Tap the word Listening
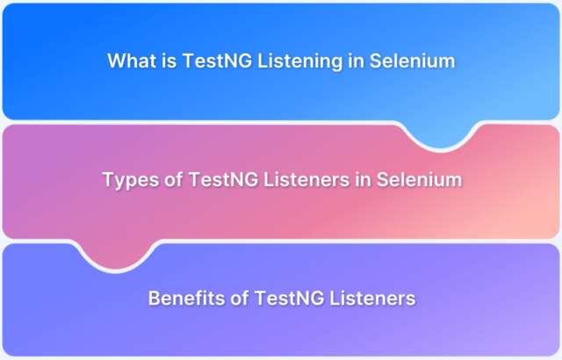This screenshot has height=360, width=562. [300, 61]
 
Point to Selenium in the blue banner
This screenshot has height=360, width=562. [412, 61]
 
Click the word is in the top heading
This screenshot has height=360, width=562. [169, 61]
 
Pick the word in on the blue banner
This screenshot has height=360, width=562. [356, 61]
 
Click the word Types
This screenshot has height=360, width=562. [131, 180]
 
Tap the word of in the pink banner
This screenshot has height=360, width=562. [174, 179]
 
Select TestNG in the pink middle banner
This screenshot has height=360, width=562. [223, 179]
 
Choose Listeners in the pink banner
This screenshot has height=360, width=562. [306, 179]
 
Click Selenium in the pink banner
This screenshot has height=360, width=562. [420, 179]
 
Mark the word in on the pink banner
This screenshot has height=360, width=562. [363, 179]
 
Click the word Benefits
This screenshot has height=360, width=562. [187, 298]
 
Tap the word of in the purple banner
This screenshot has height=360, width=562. [240, 298]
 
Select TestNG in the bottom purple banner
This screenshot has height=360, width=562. [289, 298]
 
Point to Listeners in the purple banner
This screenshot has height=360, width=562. [372, 298]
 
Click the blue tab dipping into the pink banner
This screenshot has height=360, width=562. [441, 137]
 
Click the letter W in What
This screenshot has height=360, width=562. [117, 61]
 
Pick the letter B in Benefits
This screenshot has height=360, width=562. [155, 298]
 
